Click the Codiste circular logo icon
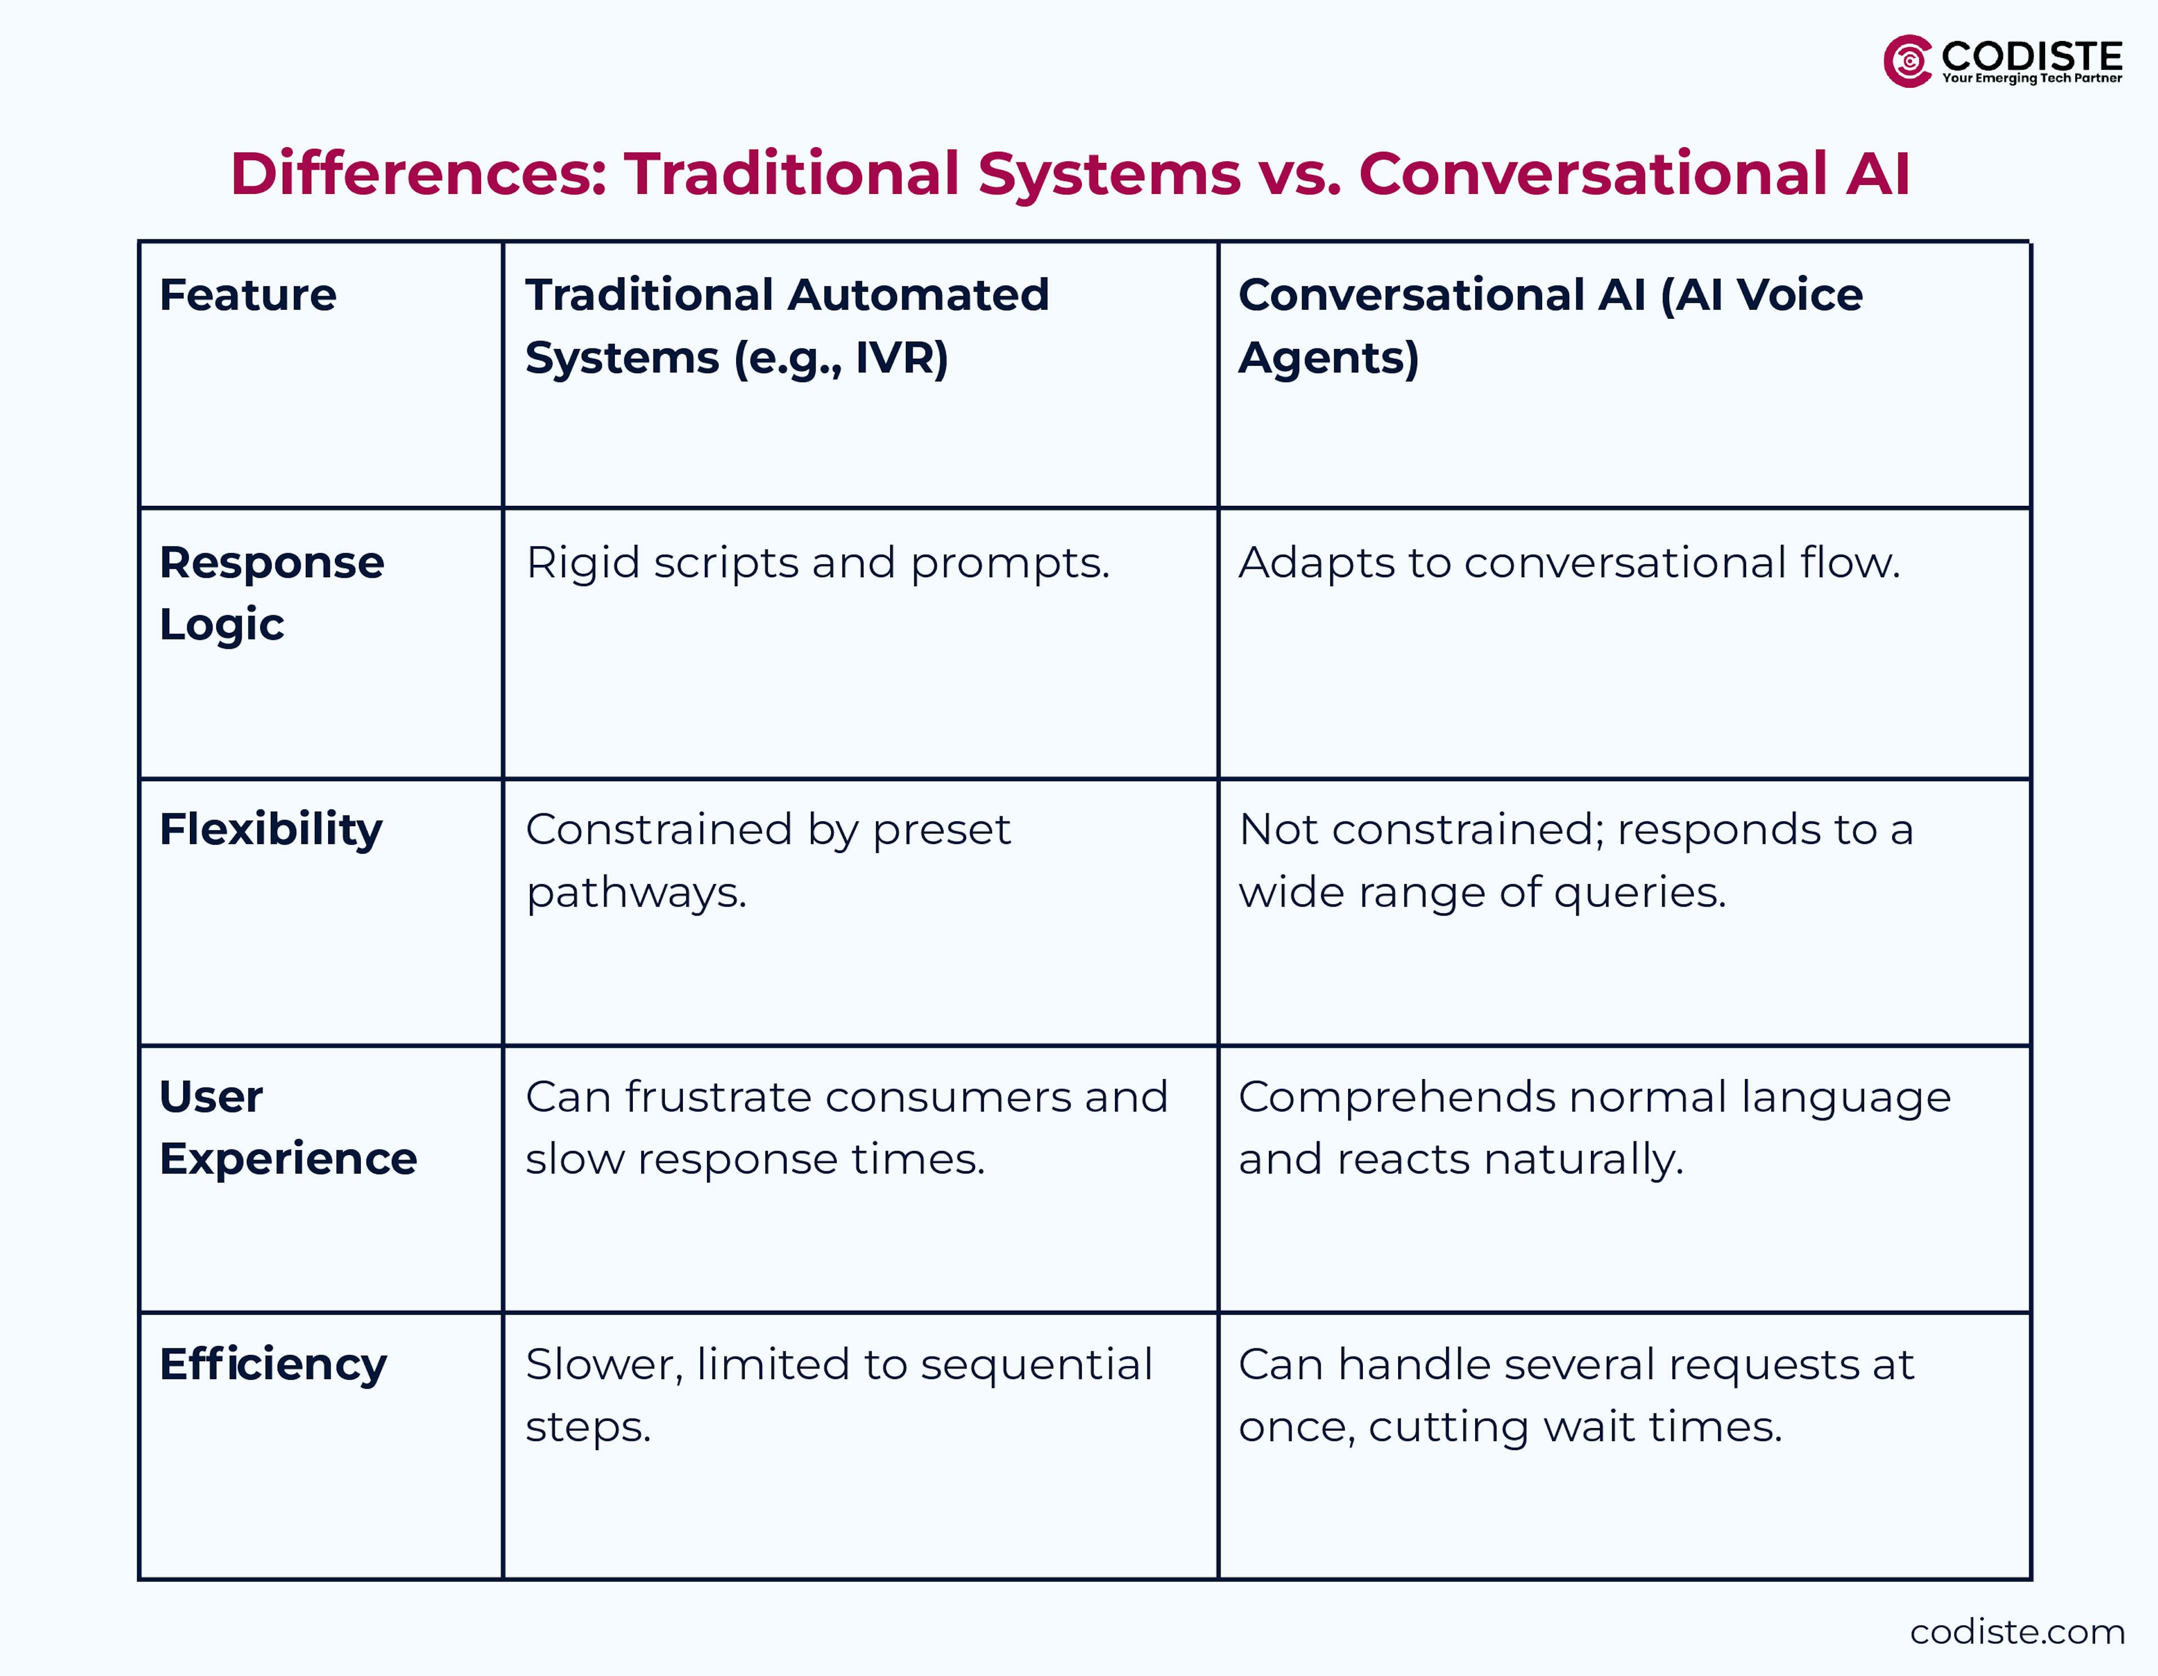[1907, 61]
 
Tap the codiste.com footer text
[2017, 1632]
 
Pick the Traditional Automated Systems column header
[787, 326]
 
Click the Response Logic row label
[272, 593]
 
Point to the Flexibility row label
[271, 830]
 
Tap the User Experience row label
[288, 1127]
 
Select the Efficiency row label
[273, 1365]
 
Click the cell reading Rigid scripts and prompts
[817, 563]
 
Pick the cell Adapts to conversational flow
[1569, 563]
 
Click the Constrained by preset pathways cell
[768, 860]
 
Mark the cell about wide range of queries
[1576, 860]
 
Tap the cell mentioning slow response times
[846, 1127]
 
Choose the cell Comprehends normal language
[1594, 1127]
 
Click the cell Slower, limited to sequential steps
[838, 1396]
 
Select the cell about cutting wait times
[1576, 1396]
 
